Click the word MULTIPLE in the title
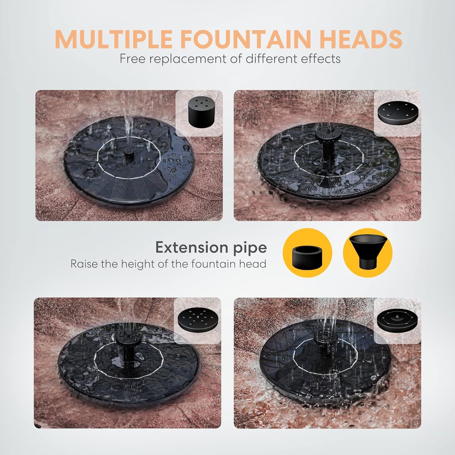pos(114,39)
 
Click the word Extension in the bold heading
pos(191,247)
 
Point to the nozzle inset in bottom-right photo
pos(397,320)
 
